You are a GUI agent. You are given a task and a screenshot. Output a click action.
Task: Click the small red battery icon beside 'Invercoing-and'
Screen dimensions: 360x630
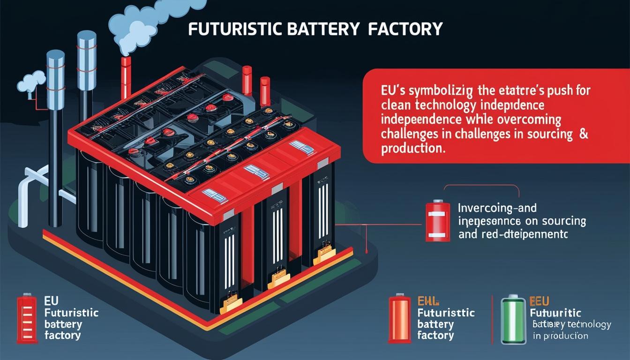click(x=437, y=221)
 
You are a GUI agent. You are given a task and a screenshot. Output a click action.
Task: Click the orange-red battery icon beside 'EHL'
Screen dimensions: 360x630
click(x=400, y=319)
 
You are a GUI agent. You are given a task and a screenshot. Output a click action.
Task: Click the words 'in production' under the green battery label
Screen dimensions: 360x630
click(x=560, y=336)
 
